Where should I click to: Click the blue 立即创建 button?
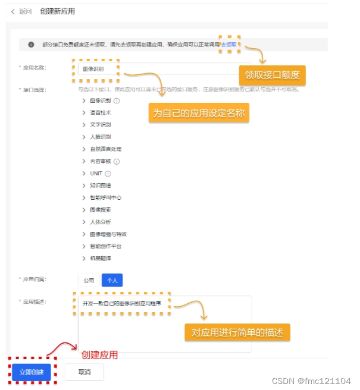(x=32, y=372)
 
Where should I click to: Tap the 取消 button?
(x=84, y=372)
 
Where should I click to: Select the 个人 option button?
(x=112, y=280)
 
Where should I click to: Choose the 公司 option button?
(x=89, y=280)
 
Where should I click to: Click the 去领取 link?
(x=229, y=45)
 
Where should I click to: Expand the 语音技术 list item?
(x=100, y=112)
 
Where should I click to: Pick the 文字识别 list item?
(x=100, y=125)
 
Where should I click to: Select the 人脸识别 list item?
(x=100, y=137)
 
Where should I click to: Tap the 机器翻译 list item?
(x=100, y=259)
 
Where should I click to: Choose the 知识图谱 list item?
(x=100, y=185)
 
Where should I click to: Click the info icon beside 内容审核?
(x=117, y=161)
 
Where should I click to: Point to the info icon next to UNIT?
(x=108, y=174)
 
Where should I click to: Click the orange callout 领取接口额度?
(x=272, y=76)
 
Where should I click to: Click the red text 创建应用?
(x=99, y=355)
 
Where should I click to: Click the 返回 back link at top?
(x=22, y=11)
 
